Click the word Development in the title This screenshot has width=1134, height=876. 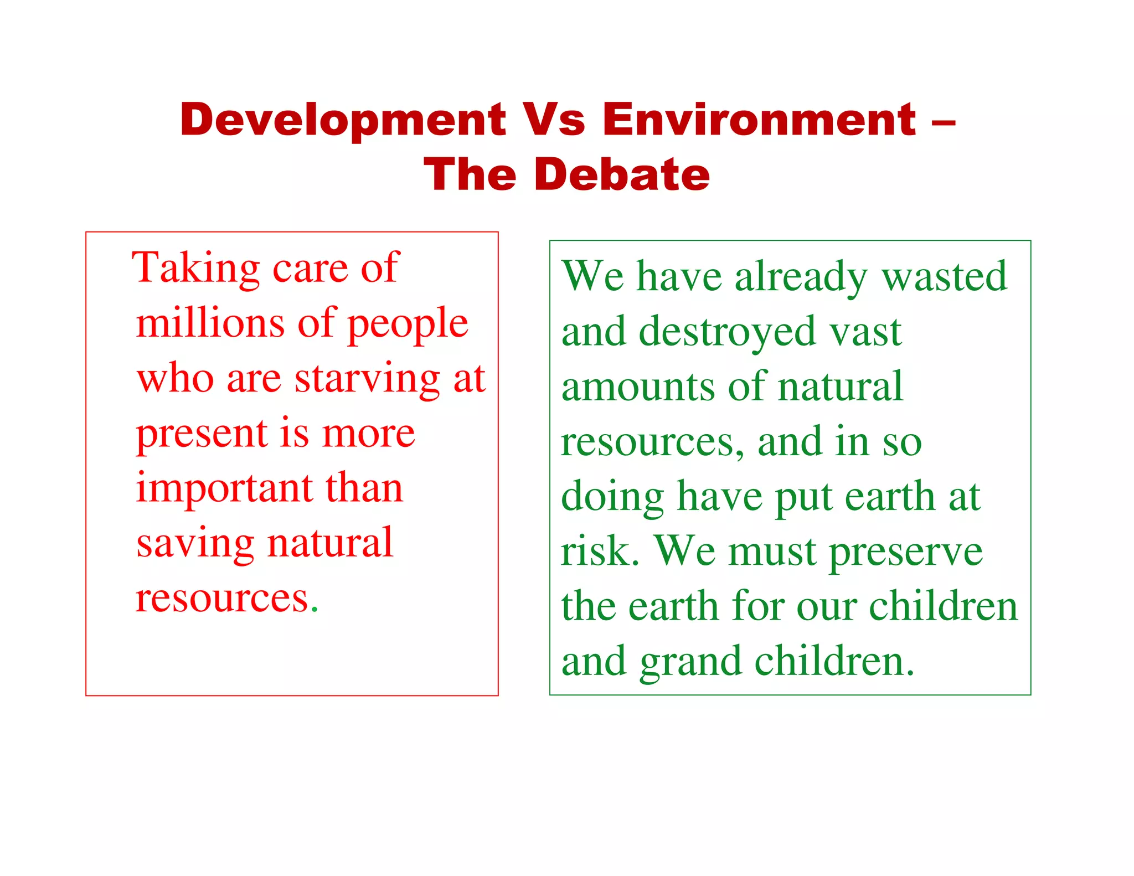tap(343, 120)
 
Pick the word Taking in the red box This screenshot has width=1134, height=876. tap(195, 268)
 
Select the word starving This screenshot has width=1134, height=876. tap(367, 379)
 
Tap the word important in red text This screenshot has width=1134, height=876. tap(224, 489)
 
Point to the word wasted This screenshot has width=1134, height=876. tap(944, 276)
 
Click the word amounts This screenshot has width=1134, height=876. tap(637, 387)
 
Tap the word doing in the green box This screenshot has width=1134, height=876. tap(612, 497)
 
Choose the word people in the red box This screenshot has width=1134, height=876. tap(408, 324)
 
